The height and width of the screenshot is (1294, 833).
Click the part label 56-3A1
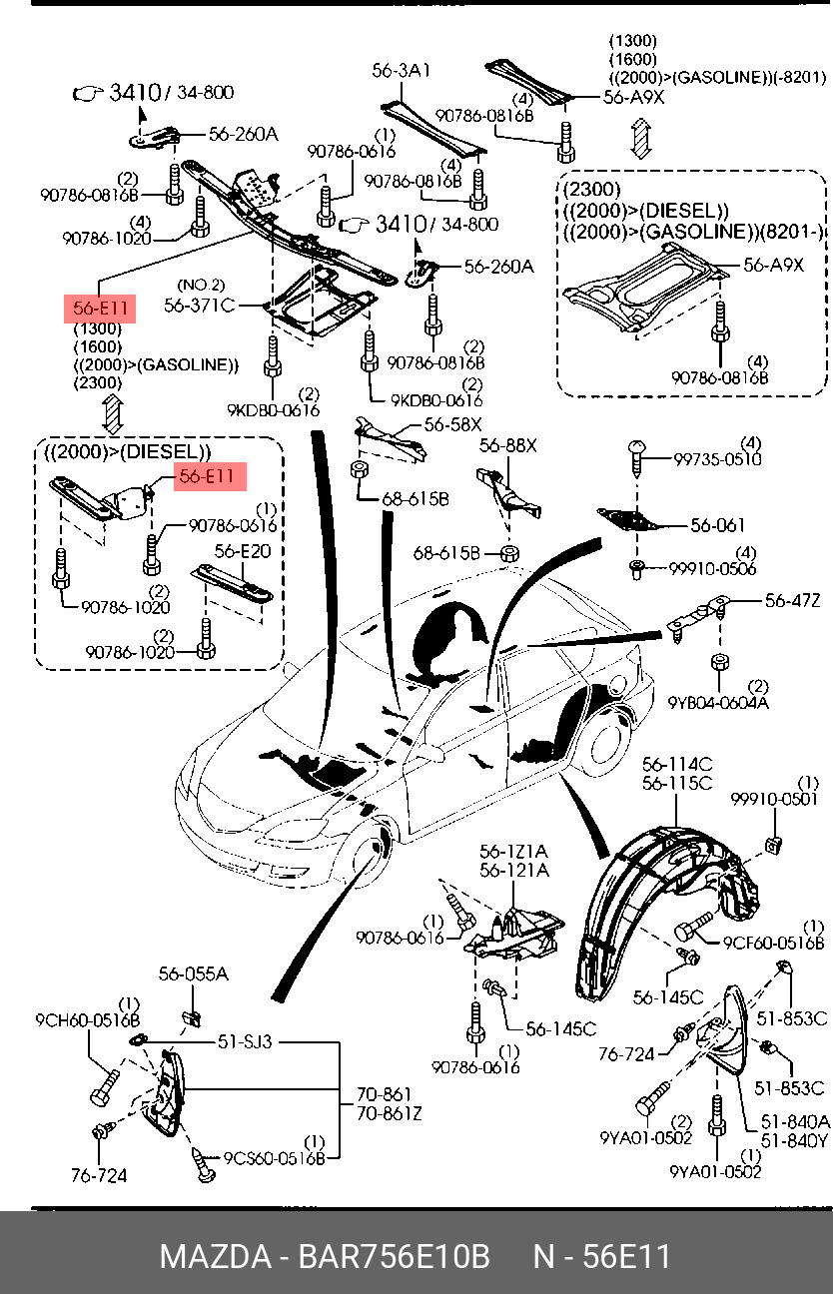click(x=402, y=71)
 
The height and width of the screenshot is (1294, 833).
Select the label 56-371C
click(x=200, y=305)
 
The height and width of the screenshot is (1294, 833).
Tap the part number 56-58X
click(x=452, y=424)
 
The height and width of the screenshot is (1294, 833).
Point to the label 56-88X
click(x=508, y=445)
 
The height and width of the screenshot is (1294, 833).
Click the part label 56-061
click(x=718, y=525)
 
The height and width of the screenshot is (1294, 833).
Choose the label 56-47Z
click(x=792, y=601)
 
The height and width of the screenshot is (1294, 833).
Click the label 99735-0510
click(x=717, y=459)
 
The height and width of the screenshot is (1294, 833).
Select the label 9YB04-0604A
click(x=718, y=703)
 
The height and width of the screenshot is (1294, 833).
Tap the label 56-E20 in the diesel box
click(x=243, y=551)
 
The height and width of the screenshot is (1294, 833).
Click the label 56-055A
click(x=194, y=973)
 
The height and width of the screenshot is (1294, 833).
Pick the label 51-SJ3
click(x=245, y=1041)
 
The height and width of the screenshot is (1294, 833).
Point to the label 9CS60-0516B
click(x=275, y=1157)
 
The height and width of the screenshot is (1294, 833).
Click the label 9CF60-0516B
click(x=773, y=943)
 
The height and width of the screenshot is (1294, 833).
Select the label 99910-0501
click(x=775, y=799)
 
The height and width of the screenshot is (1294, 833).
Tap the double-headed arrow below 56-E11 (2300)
click(x=113, y=413)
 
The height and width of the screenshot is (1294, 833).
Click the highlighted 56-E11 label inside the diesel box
click(x=210, y=476)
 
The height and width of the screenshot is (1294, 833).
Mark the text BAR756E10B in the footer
click(x=394, y=1256)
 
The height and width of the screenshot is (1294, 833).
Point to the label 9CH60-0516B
click(x=88, y=1020)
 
